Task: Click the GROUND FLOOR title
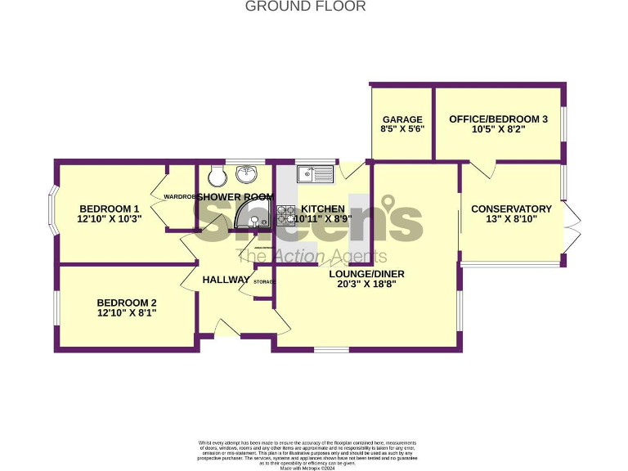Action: (305, 7)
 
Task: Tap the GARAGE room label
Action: (401, 119)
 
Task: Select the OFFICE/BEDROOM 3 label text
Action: (498, 119)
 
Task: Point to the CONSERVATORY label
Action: (511, 209)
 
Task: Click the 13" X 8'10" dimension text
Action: (511, 219)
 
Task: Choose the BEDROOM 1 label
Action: (109, 208)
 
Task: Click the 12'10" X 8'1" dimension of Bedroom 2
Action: (126, 312)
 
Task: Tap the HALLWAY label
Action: (226, 280)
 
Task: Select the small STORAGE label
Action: (263, 282)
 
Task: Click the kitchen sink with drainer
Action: (315, 173)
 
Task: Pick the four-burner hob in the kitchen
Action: (286, 215)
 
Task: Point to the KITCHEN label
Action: (322, 209)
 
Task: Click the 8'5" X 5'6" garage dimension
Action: (401, 129)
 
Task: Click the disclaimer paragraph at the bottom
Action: (307, 455)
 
